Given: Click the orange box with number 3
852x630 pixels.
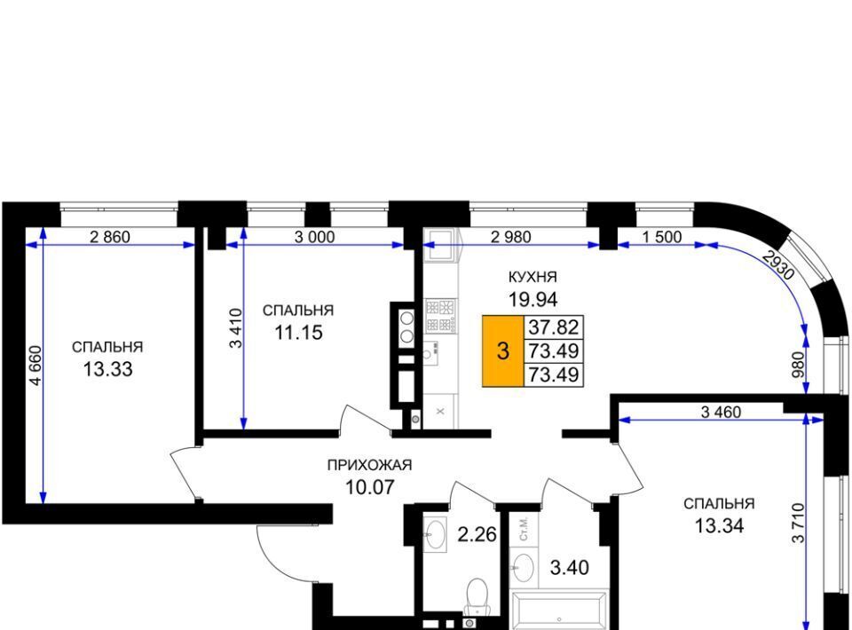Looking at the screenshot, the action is tap(503, 350).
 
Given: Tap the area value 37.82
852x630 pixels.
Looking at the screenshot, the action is tap(554, 327).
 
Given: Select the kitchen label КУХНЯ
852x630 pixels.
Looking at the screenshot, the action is tap(532, 277).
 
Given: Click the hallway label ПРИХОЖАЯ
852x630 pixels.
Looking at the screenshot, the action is tap(369, 465).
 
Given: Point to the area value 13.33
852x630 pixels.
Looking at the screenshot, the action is tap(107, 369).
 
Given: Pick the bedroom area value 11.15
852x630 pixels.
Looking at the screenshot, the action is tap(298, 333).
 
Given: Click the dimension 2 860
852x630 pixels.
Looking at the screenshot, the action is tap(110, 237).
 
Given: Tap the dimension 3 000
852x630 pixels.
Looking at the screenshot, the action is tap(314, 237).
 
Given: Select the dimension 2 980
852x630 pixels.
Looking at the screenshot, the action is tap(511, 237).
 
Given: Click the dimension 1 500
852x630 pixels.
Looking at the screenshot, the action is tap(661, 237).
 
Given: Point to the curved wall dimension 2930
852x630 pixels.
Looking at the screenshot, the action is tap(778, 264).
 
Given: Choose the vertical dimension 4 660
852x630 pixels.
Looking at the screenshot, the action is tap(35, 365).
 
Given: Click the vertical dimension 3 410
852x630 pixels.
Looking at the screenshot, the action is tap(236, 328).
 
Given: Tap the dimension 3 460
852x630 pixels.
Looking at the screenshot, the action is tap(721, 413).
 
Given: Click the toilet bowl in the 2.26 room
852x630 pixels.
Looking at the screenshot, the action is tap(477, 595).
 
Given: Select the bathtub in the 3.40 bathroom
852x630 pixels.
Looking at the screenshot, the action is tap(559, 611).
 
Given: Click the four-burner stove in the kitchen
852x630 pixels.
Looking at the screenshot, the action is tap(441, 316).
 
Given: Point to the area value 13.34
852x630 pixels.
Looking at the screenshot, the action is tap(720, 525).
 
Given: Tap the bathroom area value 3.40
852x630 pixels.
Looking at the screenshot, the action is tap(570, 568).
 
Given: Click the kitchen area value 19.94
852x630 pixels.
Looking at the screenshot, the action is tap(533, 299).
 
